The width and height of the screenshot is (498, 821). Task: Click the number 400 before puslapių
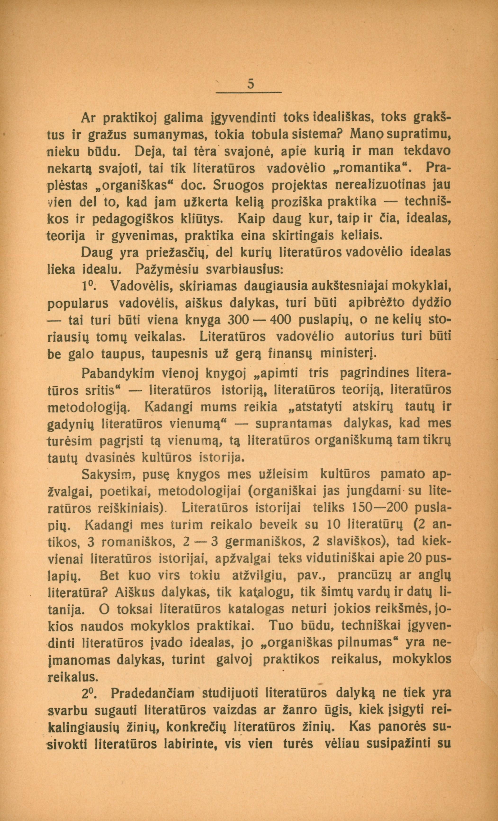[x=281, y=320]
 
